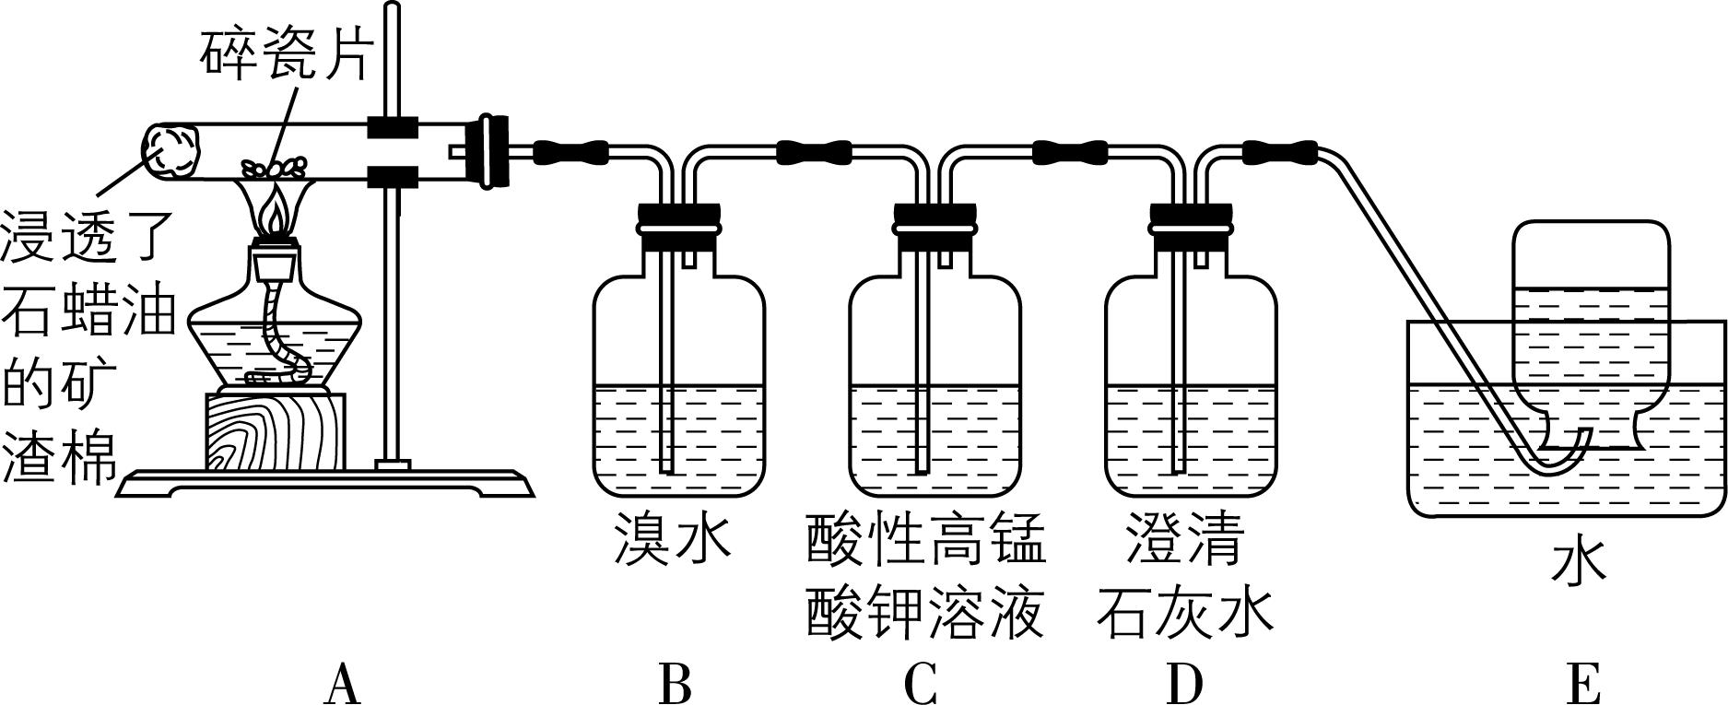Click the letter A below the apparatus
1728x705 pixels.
(342, 683)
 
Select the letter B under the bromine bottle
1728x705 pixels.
(676, 683)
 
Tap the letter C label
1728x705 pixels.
(921, 683)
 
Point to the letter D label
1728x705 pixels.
(1184, 683)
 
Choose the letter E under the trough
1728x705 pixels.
(1581, 683)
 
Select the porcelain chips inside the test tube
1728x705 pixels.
(274, 167)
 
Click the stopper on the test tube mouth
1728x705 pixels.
(488, 151)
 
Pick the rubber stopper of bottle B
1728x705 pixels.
(678, 227)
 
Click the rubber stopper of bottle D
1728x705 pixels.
(1191, 227)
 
